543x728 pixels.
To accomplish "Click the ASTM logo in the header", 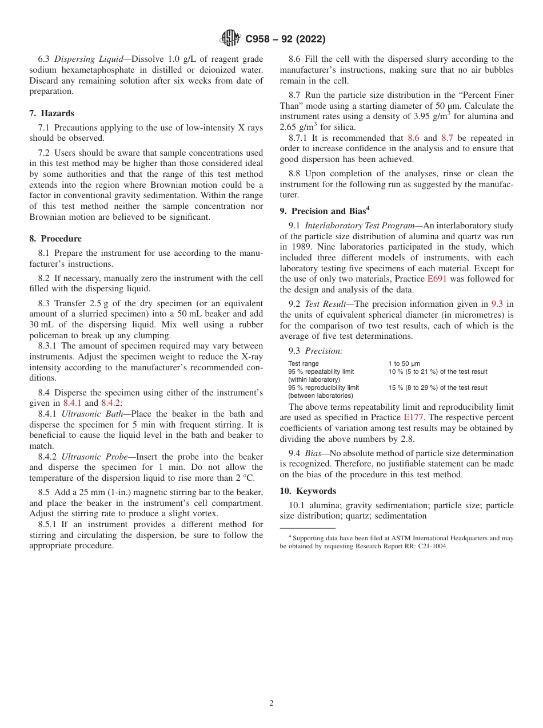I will [x=230, y=38].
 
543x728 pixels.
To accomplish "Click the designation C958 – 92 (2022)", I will [x=285, y=39].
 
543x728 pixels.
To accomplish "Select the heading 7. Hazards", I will [x=52, y=113].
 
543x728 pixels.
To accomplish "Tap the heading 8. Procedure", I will [x=55, y=239].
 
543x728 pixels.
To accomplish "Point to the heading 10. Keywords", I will [x=308, y=491].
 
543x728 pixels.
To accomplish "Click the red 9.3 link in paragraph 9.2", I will [x=497, y=304].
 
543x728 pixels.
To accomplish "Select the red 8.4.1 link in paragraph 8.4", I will [x=72, y=403].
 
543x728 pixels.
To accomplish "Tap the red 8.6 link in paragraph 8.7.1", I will [x=413, y=138].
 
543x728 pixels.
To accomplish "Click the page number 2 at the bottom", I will [x=271, y=703].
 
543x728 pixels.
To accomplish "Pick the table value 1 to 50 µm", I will [x=404, y=363].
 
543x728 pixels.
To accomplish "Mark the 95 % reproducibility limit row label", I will [x=324, y=387].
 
